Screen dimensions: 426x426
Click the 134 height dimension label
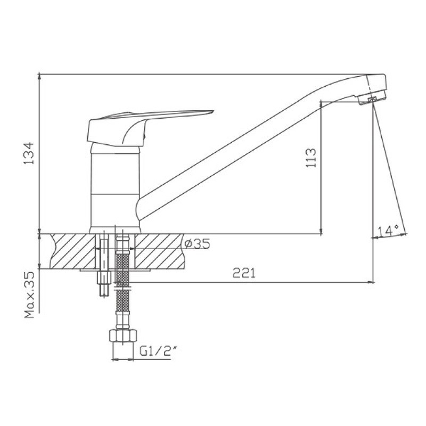[29, 153]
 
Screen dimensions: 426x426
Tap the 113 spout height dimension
[311, 158]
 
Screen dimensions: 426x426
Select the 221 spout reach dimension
[244, 273]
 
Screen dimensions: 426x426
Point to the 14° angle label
[389, 231]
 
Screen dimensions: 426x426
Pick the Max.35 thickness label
[30, 295]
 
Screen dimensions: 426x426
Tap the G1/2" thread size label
[158, 351]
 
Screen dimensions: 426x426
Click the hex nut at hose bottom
[123, 335]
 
